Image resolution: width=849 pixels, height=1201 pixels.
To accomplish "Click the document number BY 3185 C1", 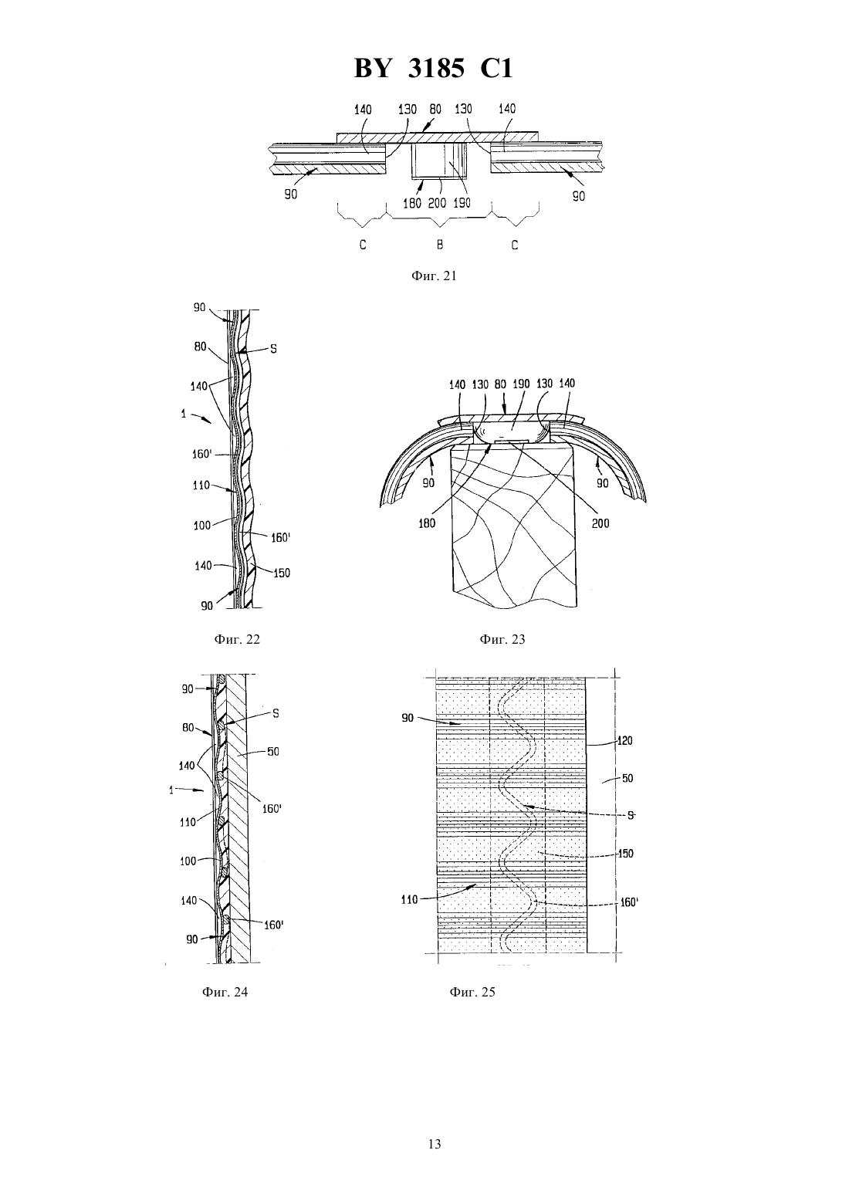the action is [x=433, y=69].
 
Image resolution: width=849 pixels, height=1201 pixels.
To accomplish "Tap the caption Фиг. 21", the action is [x=434, y=276].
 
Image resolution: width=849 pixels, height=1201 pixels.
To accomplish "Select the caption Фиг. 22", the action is [x=237, y=639].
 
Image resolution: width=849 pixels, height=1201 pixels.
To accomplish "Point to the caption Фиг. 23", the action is [x=502, y=639].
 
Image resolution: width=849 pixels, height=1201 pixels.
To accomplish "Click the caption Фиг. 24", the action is [x=225, y=992].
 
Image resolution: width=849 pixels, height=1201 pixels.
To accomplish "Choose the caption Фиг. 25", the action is [x=472, y=992].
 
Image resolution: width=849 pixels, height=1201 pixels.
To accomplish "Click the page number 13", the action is [x=435, y=1144].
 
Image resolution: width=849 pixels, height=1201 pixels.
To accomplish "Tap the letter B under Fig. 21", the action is [x=439, y=245].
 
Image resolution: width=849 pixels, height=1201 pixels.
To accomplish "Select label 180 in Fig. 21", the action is [x=411, y=203].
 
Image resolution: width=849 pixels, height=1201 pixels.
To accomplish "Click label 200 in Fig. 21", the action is [x=438, y=203].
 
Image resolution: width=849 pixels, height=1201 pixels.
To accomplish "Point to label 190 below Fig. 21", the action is [x=462, y=203].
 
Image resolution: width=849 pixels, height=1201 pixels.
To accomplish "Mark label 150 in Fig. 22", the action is [x=282, y=573].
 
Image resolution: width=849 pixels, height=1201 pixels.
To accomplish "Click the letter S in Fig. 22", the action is [x=273, y=349].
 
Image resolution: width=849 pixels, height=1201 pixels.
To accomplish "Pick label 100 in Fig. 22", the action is [x=202, y=526].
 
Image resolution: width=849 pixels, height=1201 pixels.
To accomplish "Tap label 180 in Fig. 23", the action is [x=427, y=523].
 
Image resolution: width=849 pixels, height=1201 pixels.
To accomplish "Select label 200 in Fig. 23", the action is [x=600, y=523].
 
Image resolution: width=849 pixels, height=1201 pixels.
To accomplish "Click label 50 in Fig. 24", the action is [x=272, y=752].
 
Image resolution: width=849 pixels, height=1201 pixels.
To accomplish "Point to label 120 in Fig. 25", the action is [x=624, y=741].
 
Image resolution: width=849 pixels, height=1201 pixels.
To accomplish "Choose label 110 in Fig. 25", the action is [x=410, y=900].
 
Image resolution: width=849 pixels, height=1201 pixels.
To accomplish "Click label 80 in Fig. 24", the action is [x=188, y=728].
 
